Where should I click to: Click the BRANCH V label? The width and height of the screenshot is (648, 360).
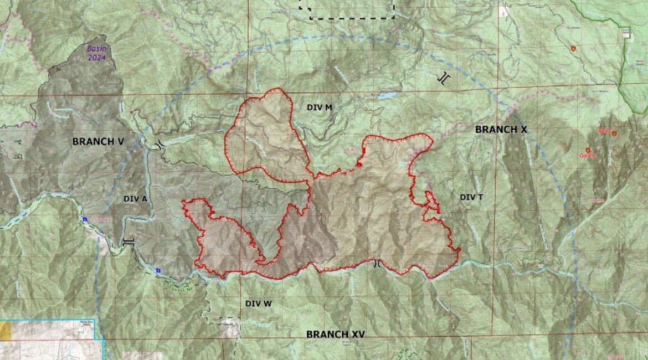pos(98,141)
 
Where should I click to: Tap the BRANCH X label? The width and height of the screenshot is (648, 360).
pos(501,130)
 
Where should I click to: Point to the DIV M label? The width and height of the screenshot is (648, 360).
pos(320,107)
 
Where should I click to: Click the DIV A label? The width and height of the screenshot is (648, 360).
pos(135,198)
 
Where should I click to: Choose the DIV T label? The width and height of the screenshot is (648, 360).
pos(472,197)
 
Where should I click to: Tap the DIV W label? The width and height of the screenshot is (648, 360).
pos(259,304)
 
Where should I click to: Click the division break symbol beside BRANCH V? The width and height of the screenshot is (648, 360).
pos(160,145)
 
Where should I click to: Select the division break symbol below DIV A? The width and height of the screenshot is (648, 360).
pos(128,242)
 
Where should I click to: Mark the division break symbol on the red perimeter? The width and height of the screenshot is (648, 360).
pos(377,263)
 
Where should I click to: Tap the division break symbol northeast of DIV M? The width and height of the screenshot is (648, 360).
pos(443,78)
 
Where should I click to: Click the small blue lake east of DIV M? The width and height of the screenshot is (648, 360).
pos(387,95)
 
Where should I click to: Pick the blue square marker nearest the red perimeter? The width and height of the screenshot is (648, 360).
pos(158,271)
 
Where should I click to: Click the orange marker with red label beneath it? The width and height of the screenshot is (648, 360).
pos(588,150)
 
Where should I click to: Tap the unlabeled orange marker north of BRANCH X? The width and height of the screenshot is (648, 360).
pos(573,49)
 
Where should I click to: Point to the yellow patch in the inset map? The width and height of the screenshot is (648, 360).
pos(5,331)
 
